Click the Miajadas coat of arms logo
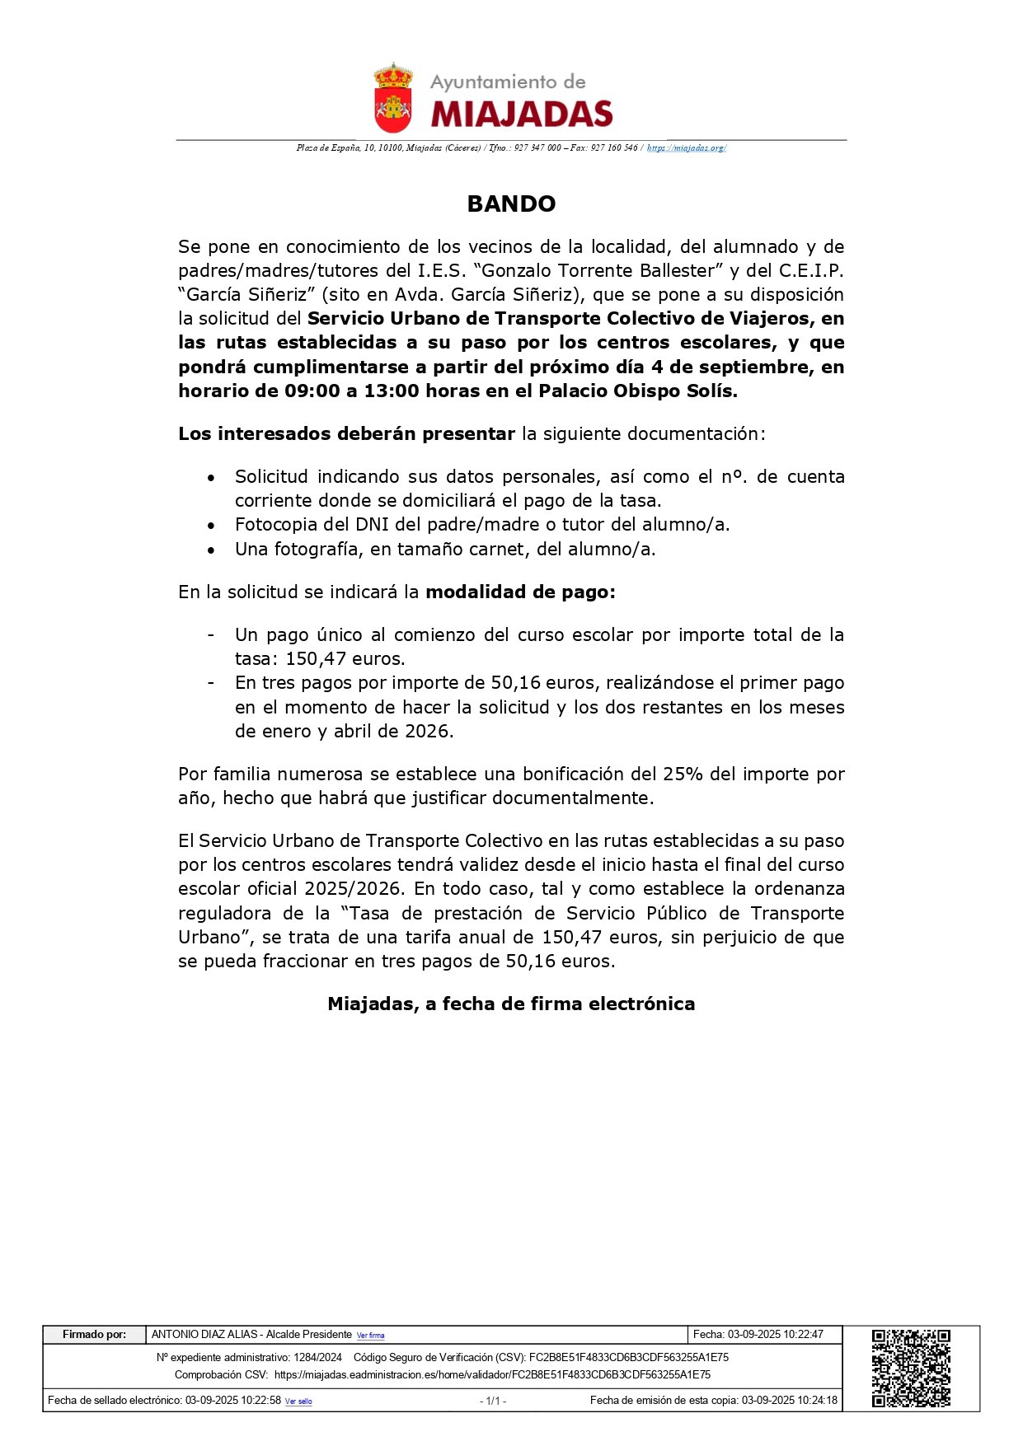click(393, 99)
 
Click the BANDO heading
click(511, 204)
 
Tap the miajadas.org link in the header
click(686, 148)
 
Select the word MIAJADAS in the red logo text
click(522, 114)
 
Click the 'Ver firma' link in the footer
click(370, 1336)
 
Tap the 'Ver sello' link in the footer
click(298, 1402)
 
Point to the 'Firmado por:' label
click(95, 1335)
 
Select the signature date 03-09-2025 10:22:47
click(775, 1335)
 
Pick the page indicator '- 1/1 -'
click(493, 1401)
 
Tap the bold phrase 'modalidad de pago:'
click(520, 592)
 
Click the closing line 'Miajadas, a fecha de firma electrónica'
click(511, 1004)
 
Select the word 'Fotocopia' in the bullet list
click(271, 525)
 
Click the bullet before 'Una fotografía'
click(212, 550)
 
